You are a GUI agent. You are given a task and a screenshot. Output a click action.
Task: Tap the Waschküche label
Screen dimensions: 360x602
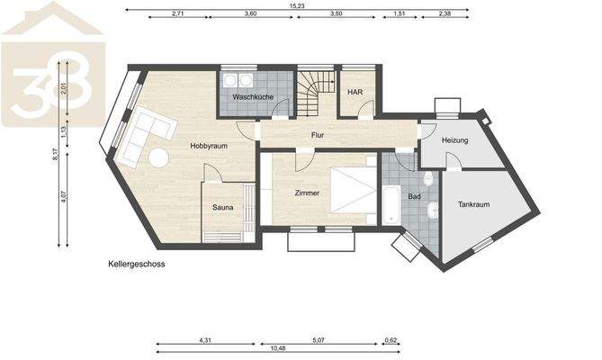click(253, 96)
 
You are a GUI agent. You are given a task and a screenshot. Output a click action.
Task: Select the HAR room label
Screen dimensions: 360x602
click(355, 92)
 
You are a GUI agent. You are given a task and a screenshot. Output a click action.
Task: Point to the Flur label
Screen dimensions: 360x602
click(318, 136)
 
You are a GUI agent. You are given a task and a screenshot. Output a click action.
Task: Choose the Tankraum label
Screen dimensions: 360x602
click(473, 204)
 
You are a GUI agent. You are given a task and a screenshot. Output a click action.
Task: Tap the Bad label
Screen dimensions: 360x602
click(415, 195)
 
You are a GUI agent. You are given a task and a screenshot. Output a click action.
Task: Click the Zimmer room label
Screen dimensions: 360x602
click(309, 193)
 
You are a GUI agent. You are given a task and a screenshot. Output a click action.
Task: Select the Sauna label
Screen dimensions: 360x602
click(223, 207)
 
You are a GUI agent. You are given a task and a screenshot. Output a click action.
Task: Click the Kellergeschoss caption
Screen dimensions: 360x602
click(138, 265)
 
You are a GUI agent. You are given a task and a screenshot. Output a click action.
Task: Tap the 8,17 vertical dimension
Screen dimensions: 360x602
click(56, 154)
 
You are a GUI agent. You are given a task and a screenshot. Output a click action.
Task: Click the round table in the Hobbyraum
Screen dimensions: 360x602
click(158, 157)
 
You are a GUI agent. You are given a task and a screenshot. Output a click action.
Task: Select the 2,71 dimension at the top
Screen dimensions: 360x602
click(177, 14)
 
